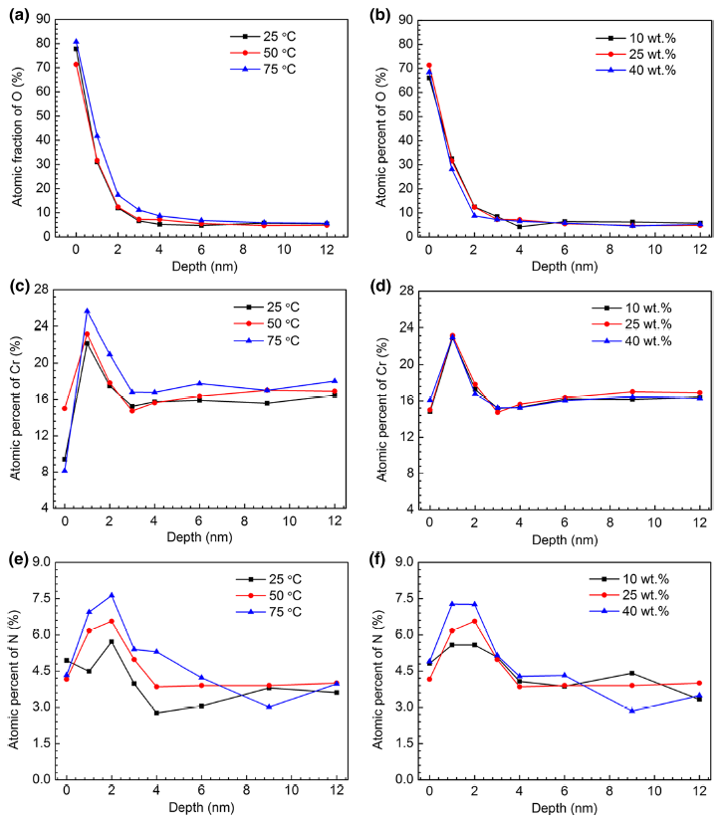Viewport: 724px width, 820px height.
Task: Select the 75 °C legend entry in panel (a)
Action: pyautogui.click(x=267, y=69)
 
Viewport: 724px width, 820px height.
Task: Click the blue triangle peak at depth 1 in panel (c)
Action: pyautogui.click(x=87, y=310)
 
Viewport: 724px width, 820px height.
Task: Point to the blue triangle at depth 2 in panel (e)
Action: pyautogui.click(x=111, y=595)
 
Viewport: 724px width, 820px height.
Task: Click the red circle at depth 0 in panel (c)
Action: pyautogui.click(x=65, y=408)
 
